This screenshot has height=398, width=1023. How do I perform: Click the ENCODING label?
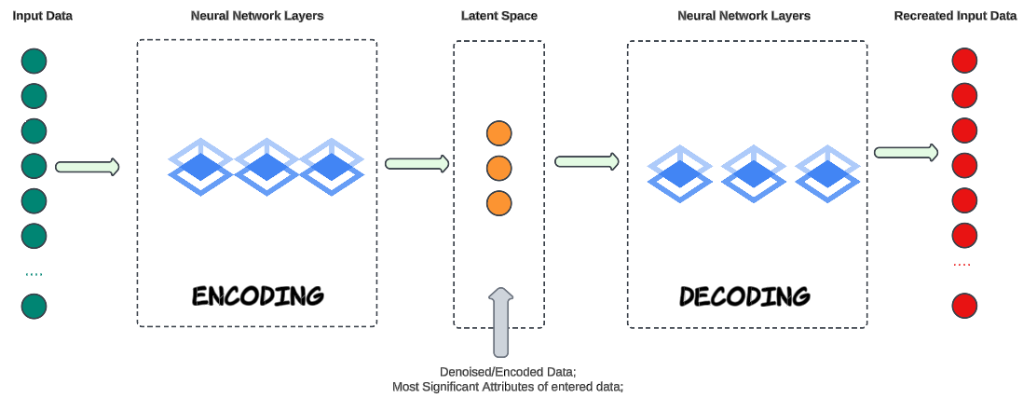(257, 295)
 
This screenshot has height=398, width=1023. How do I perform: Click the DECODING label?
(744, 296)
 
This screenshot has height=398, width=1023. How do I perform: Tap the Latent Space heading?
(498, 16)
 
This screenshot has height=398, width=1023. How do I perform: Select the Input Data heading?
(43, 16)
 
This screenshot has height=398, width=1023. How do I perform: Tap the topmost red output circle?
(964, 62)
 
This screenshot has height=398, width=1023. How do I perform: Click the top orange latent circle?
(499, 133)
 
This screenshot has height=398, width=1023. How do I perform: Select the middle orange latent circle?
(499, 168)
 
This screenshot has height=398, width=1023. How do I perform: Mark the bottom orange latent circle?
(499, 202)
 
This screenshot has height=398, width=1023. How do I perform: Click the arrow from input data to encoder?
(88, 167)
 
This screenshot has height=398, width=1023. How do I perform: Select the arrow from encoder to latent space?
(416, 163)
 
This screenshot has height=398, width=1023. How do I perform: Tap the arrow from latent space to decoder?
(587, 161)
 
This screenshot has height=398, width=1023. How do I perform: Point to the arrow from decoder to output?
(906, 152)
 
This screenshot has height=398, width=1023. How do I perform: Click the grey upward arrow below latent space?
(500, 323)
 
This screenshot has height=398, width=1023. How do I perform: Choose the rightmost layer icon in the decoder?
(827, 173)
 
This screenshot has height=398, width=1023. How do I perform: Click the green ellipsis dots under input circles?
(34, 274)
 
